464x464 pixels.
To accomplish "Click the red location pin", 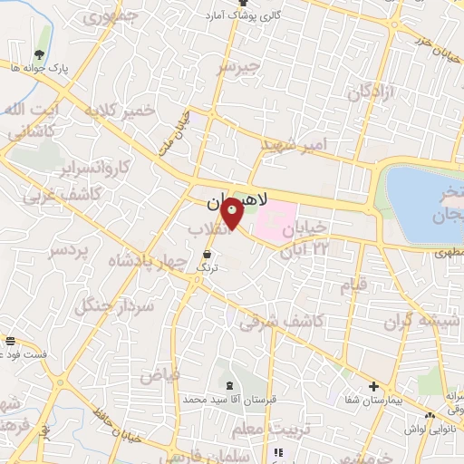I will (232, 213).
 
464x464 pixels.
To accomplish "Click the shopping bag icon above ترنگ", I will (208, 254).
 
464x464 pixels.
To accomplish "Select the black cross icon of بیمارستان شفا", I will (373, 386).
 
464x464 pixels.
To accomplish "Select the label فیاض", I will (159, 374).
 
